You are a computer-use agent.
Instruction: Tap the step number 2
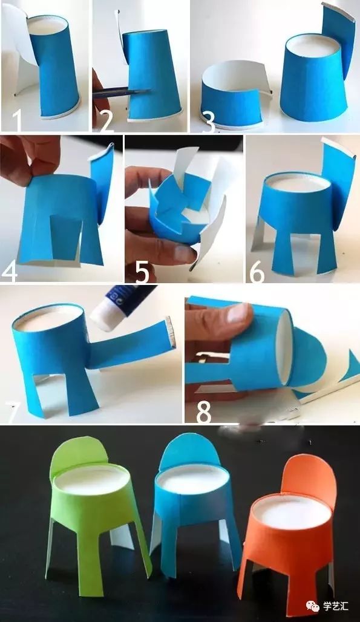(x=107, y=121)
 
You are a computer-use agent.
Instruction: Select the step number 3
(x=208, y=122)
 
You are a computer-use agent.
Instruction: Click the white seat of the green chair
(x=92, y=479)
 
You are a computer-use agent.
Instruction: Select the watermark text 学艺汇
(x=335, y=606)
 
